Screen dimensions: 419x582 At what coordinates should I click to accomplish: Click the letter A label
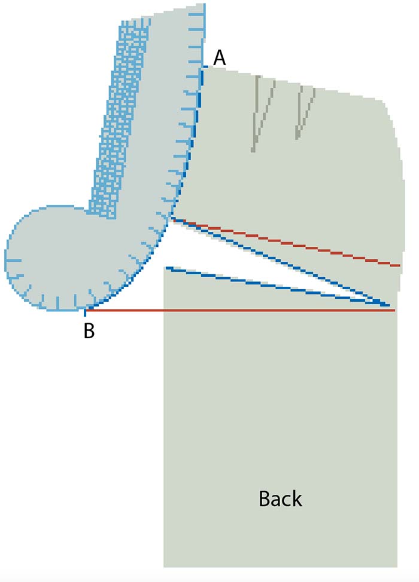pos(219,58)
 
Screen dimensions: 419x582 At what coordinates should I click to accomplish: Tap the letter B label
pos(89,330)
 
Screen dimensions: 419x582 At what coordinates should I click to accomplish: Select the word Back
pos(280,498)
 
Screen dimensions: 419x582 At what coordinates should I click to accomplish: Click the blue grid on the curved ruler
pos(119,119)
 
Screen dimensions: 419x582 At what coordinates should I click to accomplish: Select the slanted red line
pos(286,243)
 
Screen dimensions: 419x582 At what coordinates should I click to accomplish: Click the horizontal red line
pos(240,310)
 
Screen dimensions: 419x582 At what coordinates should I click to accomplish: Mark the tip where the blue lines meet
pos(387,305)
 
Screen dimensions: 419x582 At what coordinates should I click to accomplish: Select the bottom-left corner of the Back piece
pos(164,567)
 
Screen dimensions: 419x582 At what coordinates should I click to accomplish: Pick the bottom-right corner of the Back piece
pos(397,567)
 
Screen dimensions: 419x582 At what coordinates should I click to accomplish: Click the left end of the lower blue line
pos(166,268)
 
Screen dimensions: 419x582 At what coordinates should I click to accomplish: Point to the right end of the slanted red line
pos(399,266)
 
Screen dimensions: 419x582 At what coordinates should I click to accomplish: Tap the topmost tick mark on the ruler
pos(197,15)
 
